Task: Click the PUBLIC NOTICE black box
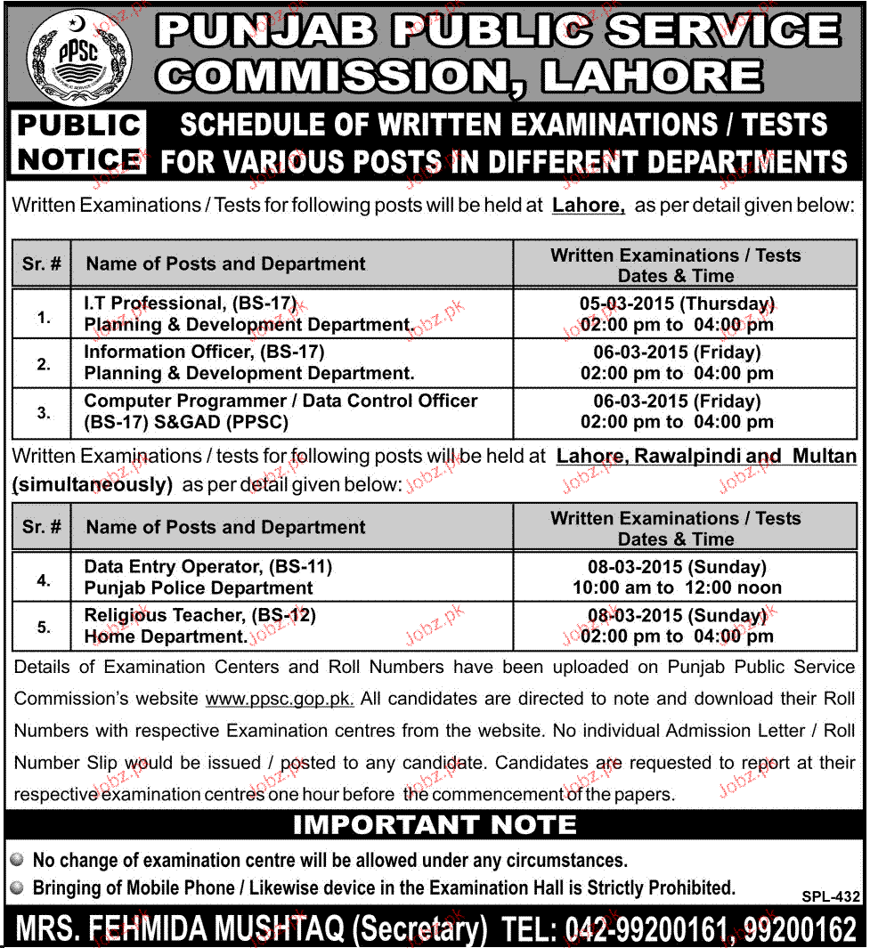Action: pyautogui.click(x=80, y=142)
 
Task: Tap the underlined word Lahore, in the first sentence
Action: pyautogui.click(x=589, y=206)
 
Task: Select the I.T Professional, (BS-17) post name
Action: pyautogui.click(x=190, y=304)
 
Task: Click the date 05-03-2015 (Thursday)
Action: pyautogui.click(x=677, y=304)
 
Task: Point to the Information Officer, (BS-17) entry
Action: pyautogui.click(x=204, y=352)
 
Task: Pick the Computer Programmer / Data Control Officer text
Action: pyautogui.click(x=281, y=401)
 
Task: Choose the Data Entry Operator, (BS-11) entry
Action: pyautogui.click(x=207, y=566)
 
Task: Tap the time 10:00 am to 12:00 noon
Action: pyautogui.click(x=677, y=587)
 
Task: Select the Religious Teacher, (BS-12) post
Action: pyautogui.click(x=200, y=615)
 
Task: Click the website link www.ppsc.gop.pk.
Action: pyautogui.click(x=280, y=700)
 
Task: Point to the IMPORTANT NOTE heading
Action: pyautogui.click(x=435, y=825)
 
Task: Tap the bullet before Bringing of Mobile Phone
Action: pyautogui.click(x=17, y=887)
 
